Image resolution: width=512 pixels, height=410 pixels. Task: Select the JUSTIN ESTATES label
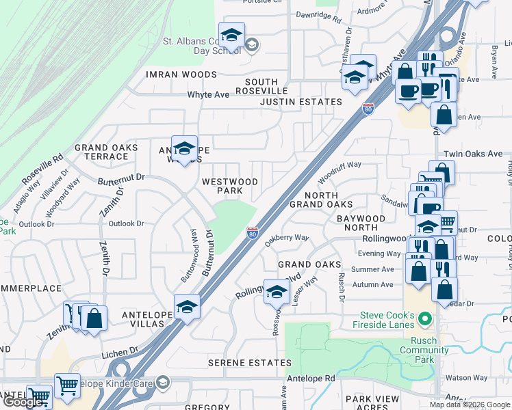300,102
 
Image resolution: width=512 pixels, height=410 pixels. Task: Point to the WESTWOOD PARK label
230,186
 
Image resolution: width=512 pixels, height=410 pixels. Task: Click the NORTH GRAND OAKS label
321,200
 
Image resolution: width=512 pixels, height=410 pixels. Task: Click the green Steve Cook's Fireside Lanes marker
426,319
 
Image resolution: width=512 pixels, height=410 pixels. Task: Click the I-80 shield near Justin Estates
368,108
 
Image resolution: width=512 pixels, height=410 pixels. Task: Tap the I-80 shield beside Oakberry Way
253,234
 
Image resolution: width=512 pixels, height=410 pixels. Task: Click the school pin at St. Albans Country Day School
231,36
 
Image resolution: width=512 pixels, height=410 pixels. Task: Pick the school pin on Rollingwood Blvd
277,292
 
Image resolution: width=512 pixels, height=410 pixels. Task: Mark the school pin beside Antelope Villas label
186,307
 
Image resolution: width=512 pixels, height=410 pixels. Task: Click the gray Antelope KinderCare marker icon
162,382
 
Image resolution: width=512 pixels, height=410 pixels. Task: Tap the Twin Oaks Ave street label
473,154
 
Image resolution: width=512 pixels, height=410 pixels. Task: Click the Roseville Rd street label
42,172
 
